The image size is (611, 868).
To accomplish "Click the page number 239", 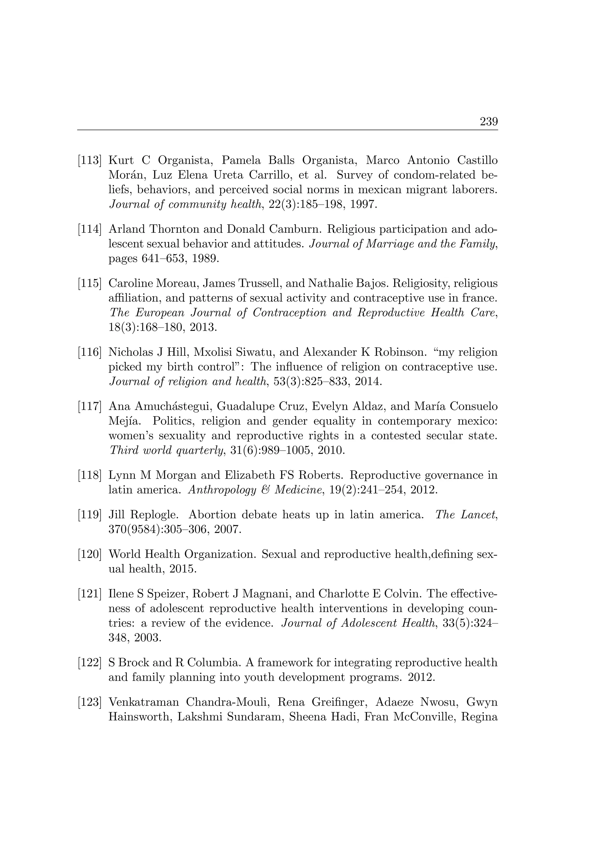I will [488, 122].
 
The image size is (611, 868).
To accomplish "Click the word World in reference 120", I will [125, 555].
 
